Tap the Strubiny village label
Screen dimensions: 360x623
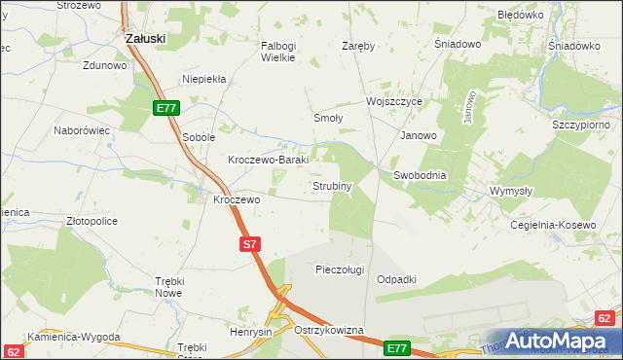pyautogui.click(x=331, y=185)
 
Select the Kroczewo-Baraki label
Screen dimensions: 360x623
pyautogui.click(x=268, y=160)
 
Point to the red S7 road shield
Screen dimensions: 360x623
pyautogui.click(x=249, y=245)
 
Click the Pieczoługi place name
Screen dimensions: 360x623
pyautogui.click(x=340, y=270)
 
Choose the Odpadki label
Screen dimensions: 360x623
pyautogui.click(x=396, y=279)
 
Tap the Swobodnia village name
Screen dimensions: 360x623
pyautogui.click(x=420, y=175)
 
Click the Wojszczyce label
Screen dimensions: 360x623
pyautogui.click(x=393, y=101)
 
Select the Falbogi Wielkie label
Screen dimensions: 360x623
pyautogui.click(x=284, y=51)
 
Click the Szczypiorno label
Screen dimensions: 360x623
pyautogui.click(x=580, y=126)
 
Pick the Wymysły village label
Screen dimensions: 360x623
pyautogui.click(x=511, y=191)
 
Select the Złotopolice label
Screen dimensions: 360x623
pyautogui.click(x=92, y=221)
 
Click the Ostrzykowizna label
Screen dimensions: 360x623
pyautogui.click(x=328, y=331)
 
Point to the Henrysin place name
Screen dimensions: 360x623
pyautogui.click(x=250, y=333)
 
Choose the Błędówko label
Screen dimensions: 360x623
pyautogui.click(x=520, y=16)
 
